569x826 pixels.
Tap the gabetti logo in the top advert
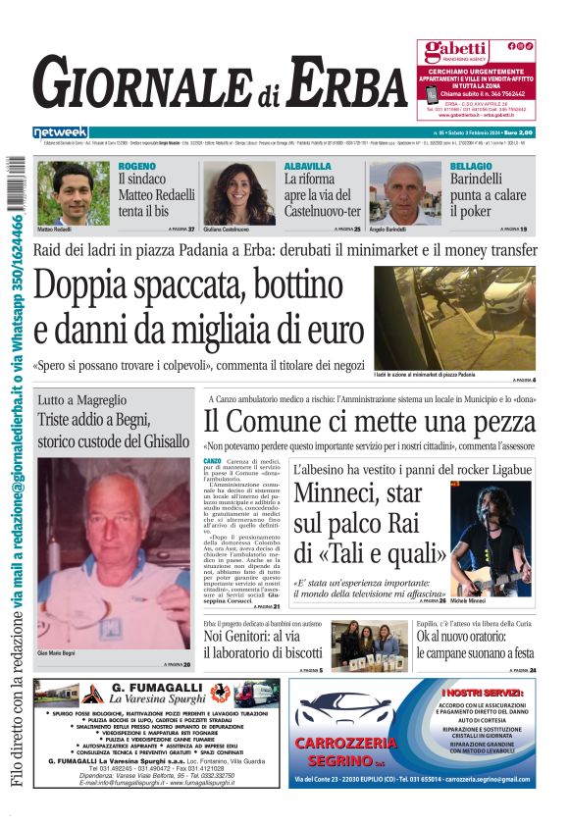click(x=454, y=51)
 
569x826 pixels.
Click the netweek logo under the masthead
click(x=60, y=132)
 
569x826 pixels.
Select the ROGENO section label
click(x=136, y=167)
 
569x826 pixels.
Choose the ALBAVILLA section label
click(x=307, y=167)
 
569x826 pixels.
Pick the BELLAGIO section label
click(x=471, y=167)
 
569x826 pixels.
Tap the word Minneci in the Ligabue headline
click(x=339, y=493)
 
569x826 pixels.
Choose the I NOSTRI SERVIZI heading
click(x=488, y=694)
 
